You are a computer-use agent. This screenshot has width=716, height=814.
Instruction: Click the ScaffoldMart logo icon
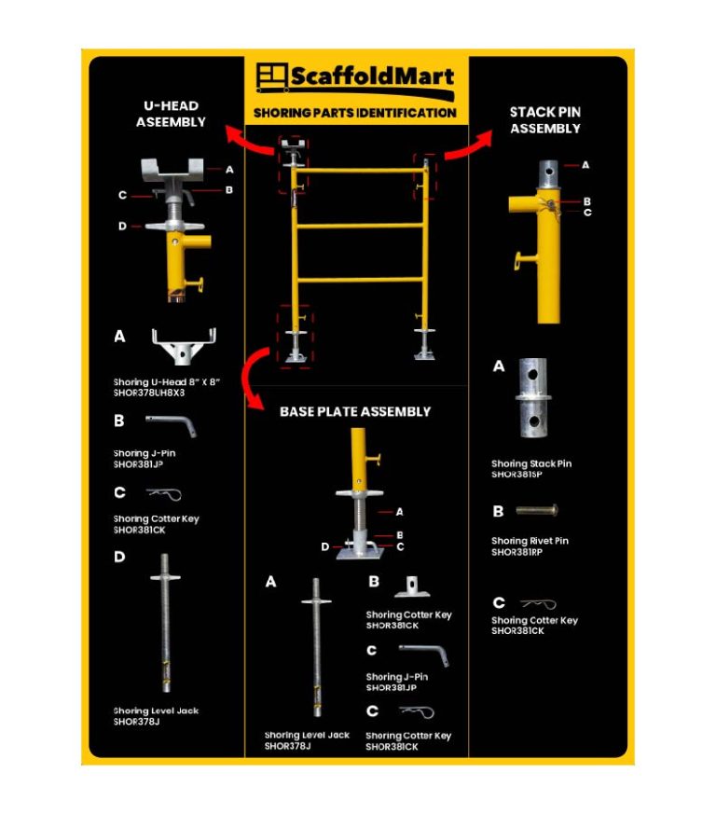pos(270,76)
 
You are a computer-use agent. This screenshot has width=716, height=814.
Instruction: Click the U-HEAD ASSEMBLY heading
pos(171,114)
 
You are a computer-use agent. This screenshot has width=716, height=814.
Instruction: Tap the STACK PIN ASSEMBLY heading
pos(545,120)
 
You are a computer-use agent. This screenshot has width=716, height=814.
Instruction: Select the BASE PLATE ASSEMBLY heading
pos(355,411)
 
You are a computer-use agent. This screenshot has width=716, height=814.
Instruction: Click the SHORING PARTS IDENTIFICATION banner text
pos(355,113)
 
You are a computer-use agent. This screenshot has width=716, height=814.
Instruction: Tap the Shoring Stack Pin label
pos(531,463)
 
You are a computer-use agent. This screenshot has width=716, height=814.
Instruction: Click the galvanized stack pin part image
pos(534,399)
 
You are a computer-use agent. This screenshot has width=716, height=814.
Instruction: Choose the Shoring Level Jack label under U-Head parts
pos(156,711)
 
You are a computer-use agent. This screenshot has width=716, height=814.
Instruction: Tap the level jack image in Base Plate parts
pos(316,654)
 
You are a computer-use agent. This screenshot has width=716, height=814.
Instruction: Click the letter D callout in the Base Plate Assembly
pos(325,547)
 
